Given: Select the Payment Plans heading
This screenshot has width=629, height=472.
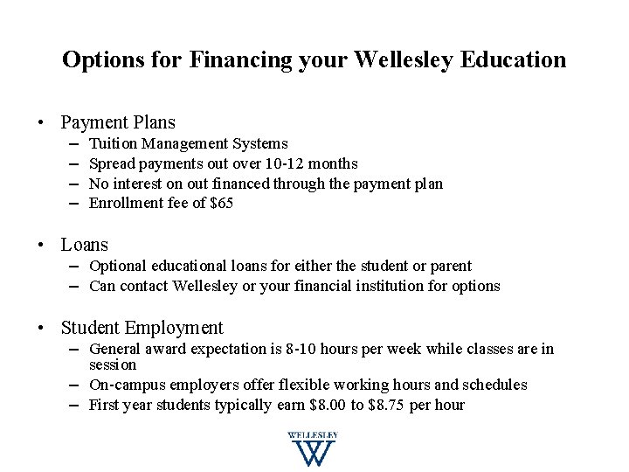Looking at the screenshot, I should (x=118, y=122).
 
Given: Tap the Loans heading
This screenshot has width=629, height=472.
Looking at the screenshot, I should (x=85, y=246).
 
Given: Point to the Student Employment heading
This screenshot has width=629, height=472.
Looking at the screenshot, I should (x=142, y=329).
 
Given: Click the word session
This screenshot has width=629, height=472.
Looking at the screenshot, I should (x=113, y=364).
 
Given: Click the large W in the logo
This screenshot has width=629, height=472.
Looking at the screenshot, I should (x=312, y=453).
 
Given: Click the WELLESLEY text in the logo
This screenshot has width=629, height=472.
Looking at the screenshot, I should (x=312, y=435).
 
